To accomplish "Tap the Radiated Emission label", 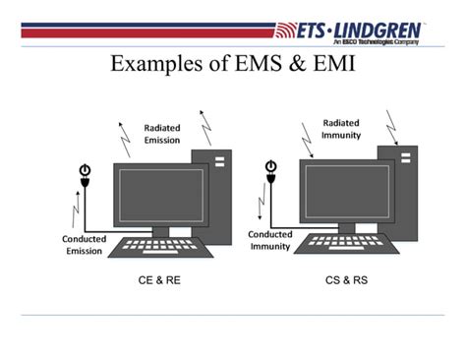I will pyautogui.click(x=162, y=134).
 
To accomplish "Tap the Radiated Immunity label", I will pyautogui.click(x=341, y=129).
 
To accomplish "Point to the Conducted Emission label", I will pyautogui.click(x=84, y=244).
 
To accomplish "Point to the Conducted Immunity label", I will pyautogui.click(x=268, y=240).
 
